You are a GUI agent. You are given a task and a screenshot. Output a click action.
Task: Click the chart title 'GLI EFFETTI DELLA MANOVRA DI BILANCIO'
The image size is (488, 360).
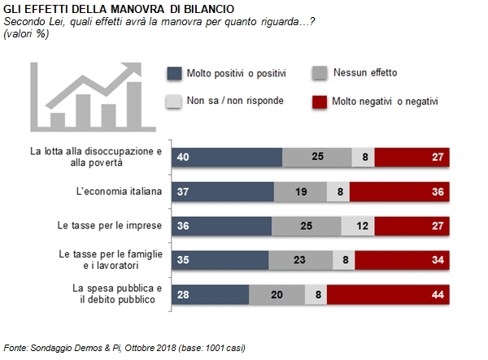(119, 9)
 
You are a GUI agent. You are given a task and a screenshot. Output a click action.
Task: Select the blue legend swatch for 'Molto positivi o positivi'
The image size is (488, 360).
(174, 74)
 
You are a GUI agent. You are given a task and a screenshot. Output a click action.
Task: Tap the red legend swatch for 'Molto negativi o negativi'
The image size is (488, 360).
(320, 102)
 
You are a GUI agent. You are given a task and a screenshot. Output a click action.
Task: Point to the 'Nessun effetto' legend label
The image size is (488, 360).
(365, 72)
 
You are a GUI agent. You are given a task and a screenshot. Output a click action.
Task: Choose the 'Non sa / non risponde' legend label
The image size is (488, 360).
(235, 101)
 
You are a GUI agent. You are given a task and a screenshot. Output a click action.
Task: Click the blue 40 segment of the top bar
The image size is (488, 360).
(227, 157)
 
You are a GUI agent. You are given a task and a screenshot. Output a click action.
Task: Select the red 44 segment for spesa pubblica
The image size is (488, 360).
(388, 294)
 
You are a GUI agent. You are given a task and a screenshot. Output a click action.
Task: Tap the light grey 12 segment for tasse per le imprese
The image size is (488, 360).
(358, 226)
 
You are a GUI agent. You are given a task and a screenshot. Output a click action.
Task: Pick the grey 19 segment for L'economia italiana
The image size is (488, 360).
(300, 192)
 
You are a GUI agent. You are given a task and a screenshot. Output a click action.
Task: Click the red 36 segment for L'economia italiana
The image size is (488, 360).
(399, 192)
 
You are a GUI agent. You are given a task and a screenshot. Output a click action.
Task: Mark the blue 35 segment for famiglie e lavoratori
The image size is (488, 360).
(220, 260)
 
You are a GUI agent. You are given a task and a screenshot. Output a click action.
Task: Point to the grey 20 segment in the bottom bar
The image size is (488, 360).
(277, 294)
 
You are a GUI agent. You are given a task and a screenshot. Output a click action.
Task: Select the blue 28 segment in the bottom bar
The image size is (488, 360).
(211, 294)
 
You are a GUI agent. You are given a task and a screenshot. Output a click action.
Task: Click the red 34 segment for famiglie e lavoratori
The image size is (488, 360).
(402, 260)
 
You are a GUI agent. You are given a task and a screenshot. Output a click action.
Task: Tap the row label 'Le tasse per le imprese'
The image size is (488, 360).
(110, 225)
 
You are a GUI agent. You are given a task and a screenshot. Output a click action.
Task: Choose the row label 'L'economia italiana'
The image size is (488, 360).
(119, 191)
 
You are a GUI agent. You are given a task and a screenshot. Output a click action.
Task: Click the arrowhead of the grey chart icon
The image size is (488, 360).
(133, 69)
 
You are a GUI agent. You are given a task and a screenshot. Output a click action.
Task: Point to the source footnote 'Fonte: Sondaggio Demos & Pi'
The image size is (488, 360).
(63, 348)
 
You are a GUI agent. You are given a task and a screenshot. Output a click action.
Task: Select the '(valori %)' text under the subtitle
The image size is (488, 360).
(26, 33)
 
